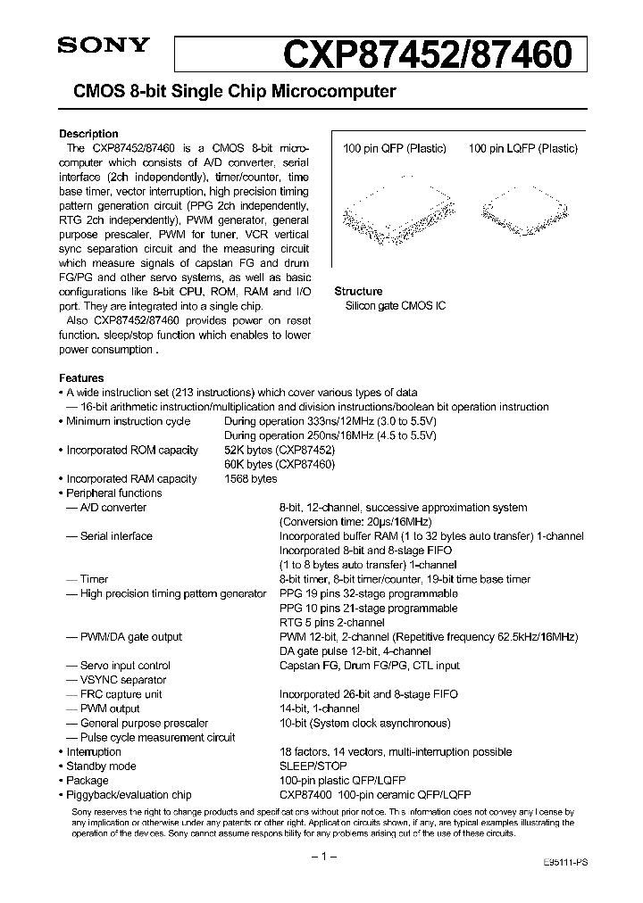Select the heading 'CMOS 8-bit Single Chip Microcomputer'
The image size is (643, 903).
pos(227,92)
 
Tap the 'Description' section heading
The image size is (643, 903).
pos(88,134)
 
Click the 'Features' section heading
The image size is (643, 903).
pos(81,377)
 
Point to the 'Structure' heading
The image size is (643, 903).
pos(358,292)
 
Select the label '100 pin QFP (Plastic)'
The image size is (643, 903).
pos(395,149)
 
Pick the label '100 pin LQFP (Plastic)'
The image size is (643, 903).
pos(522,149)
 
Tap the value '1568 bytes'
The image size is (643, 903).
pos(251,479)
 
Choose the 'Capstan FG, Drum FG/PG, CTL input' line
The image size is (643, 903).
pos(369,666)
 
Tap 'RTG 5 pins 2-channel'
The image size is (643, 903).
pos(331,622)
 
